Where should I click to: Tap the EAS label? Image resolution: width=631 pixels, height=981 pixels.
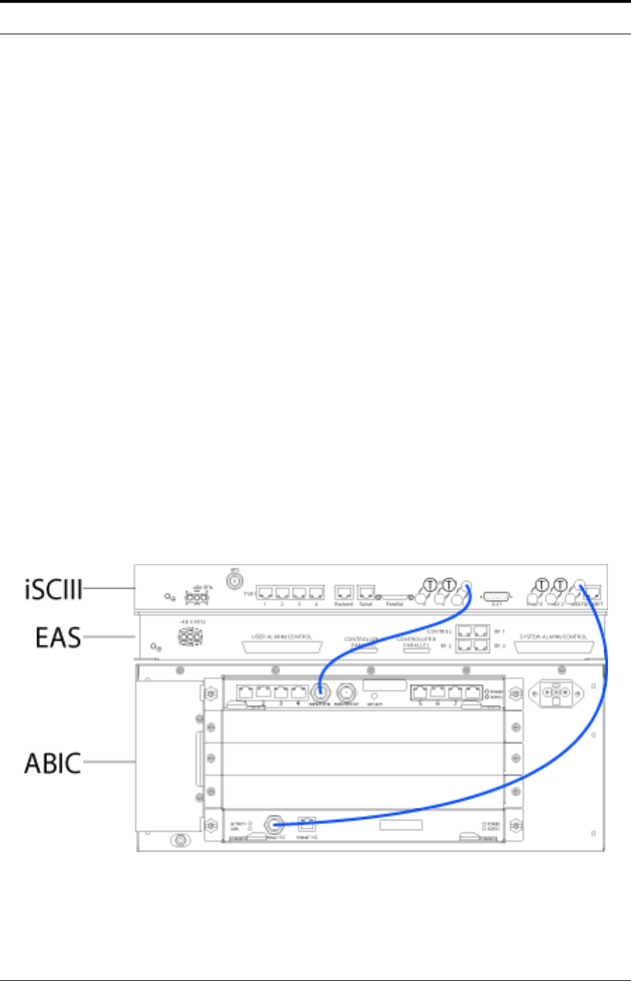(x=58, y=638)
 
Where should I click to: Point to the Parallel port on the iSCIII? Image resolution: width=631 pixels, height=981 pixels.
(x=395, y=595)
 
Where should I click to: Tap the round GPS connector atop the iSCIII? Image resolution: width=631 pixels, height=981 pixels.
(x=233, y=580)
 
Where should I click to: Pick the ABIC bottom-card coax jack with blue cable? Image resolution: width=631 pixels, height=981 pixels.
(x=273, y=824)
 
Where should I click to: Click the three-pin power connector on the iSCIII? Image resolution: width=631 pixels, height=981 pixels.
(x=196, y=597)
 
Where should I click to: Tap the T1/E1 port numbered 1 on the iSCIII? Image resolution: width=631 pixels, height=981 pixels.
(x=265, y=592)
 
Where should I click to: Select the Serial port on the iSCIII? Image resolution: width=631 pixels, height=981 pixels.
(x=366, y=592)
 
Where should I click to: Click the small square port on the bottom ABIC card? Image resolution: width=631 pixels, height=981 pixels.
(x=306, y=824)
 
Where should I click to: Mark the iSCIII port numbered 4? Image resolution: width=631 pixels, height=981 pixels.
(x=315, y=592)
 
